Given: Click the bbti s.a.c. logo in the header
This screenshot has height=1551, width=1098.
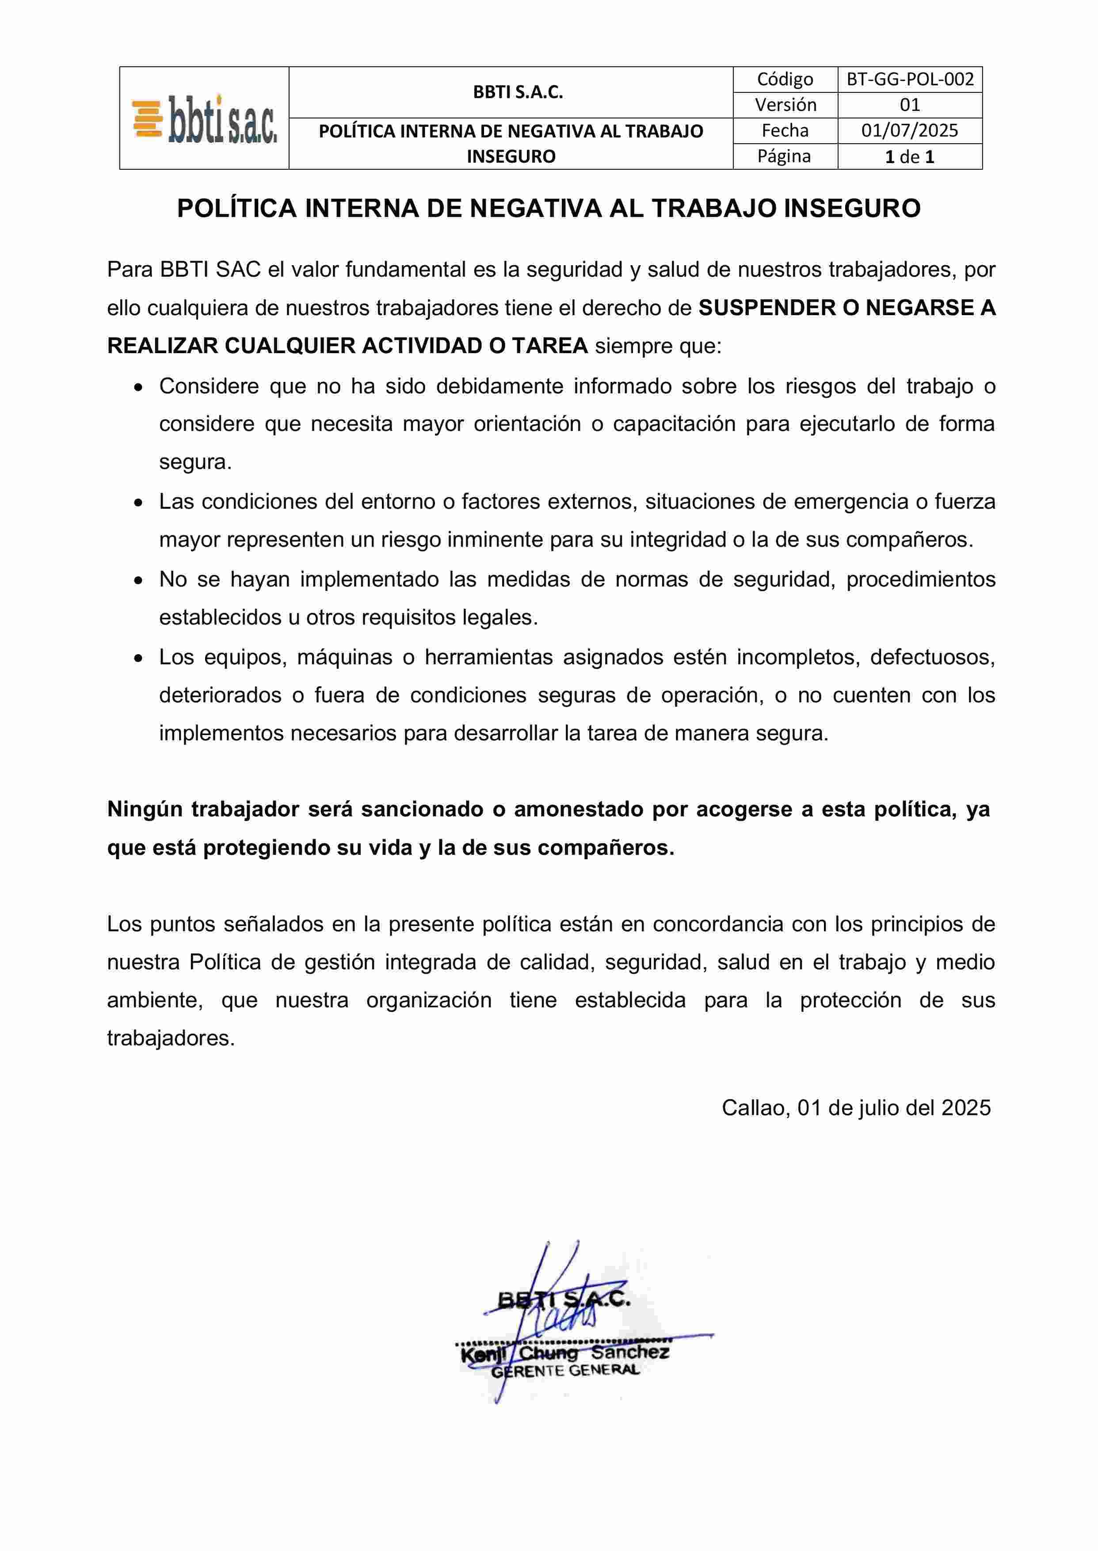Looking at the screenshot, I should click(x=204, y=119).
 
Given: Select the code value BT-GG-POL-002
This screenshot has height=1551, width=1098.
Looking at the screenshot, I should click(x=910, y=80).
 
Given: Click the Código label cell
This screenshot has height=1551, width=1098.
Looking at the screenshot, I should click(x=785, y=80).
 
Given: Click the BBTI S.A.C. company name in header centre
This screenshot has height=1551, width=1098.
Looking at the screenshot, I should click(x=518, y=93).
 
